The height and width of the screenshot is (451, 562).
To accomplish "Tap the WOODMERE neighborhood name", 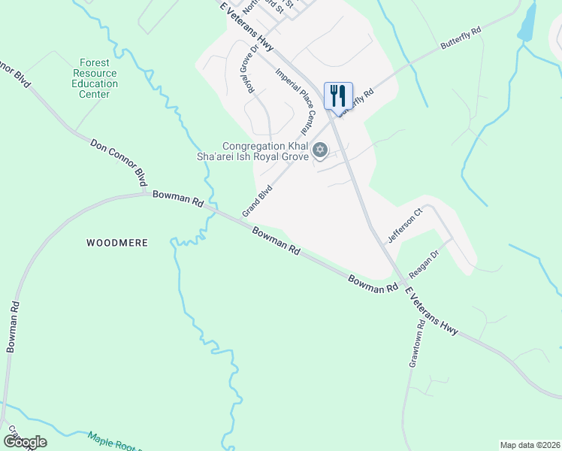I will (x=116, y=243).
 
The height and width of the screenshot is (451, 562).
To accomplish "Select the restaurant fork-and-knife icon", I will (x=338, y=95).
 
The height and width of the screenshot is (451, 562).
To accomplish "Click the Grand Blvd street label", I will (x=257, y=202).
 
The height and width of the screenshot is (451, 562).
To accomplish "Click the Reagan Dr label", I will (x=423, y=264).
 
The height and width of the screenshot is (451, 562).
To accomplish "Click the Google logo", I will (x=25, y=442).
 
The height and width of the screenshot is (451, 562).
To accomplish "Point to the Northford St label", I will (x=267, y=8).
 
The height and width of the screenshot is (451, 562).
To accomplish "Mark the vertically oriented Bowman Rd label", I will (x=12, y=328).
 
